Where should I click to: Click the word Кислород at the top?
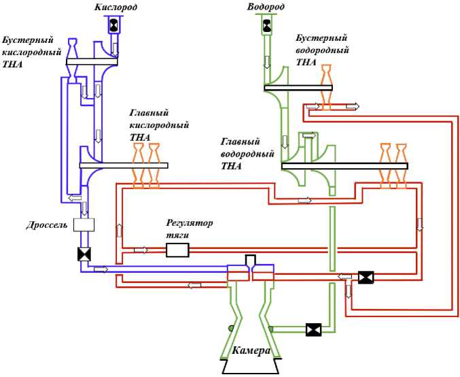[x=116, y=7]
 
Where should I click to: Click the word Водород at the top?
[x=266, y=7]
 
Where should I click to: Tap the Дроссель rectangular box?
[x=84, y=225]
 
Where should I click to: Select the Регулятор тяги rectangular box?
[x=177, y=250]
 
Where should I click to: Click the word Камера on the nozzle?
[x=251, y=350]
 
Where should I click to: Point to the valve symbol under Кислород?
[x=114, y=26]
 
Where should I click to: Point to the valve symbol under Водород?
[x=266, y=25]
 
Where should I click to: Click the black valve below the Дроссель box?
[x=84, y=255]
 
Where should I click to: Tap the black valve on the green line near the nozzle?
[x=314, y=329]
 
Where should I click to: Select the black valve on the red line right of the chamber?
[x=366, y=278]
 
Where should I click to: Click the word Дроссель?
[x=47, y=225]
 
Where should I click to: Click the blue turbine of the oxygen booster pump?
[x=72, y=61]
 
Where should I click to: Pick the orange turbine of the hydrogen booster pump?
[x=327, y=87]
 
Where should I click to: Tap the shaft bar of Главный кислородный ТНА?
[x=124, y=165]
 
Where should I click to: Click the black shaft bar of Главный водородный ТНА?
[x=344, y=166]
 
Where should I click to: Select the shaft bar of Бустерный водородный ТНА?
[x=298, y=88]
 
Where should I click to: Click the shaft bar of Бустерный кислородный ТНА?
[x=92, y=62]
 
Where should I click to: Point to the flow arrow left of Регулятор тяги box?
[x=141, y=250]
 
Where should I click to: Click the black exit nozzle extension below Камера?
[x=251, y=366]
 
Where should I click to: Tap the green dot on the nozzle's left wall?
[x=231, y=328]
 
